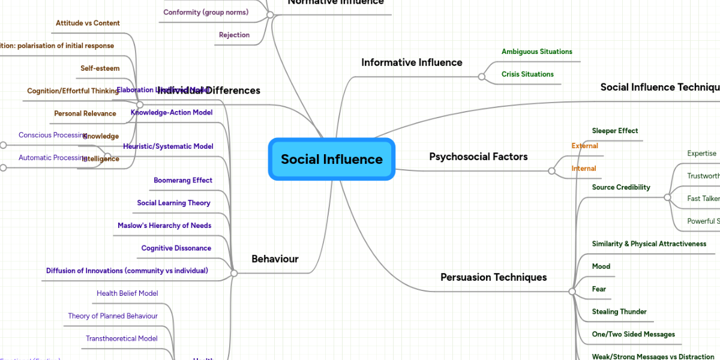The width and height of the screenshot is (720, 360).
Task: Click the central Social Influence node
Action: (x=332, y=159)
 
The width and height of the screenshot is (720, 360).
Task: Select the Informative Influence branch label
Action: (x=412, y=62)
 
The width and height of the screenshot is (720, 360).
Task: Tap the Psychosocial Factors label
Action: (x=478, y=157)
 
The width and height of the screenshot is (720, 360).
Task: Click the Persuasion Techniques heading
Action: (x=493, y=277)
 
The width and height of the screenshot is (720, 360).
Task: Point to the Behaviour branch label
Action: (x=275, y=259)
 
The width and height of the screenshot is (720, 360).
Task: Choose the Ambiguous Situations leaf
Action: (x=536, y=52)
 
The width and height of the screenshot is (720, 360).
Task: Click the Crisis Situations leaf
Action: (x=527, y=74)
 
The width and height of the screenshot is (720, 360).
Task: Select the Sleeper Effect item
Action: (x=614, y=131)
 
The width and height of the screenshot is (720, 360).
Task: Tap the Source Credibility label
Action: (x=620, y=187)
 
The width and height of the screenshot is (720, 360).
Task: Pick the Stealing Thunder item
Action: (x=619, y=311)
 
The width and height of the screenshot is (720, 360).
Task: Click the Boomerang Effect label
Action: (x=182, y=180)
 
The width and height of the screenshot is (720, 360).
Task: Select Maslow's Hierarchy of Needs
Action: (x=164, y=226)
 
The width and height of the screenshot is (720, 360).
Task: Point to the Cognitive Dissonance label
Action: (x=176, y=248)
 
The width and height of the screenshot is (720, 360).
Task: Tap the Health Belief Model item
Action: (x=127, y=293)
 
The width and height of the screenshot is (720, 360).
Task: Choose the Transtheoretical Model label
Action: (x=121, y=338)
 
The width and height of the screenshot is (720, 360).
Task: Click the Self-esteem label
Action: (x=100, y=68)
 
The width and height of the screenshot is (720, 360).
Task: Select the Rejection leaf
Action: (x=234, y=35)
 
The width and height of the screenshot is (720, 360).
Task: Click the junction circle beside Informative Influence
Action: (x=481, y=77)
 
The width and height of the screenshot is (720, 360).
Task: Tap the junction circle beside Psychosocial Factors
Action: (x=551, y=171)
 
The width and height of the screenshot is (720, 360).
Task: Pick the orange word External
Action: (x=584, y=146)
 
